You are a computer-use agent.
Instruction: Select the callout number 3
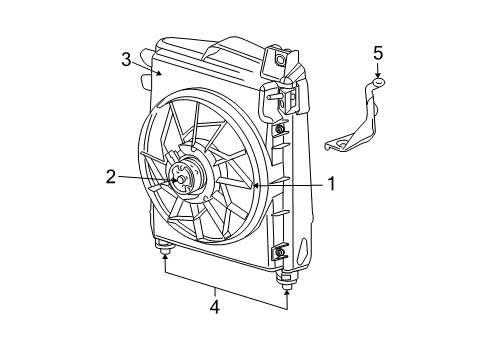click(x=126, y=59)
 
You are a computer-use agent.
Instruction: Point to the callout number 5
click(x=378, y=52)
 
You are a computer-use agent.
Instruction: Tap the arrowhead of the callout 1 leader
click(x=256, y=185)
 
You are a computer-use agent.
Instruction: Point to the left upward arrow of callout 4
click(x=165, y=258)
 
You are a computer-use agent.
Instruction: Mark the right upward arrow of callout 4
click(x=287, y=289)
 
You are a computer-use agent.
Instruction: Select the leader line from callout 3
click(x=143, y=67)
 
